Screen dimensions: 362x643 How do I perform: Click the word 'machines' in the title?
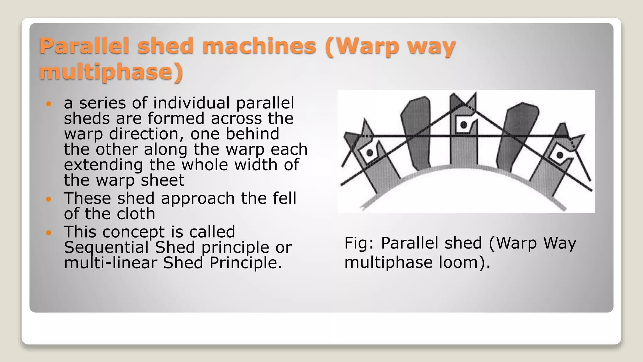point(259,46)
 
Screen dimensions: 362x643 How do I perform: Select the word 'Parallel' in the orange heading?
point(84,46)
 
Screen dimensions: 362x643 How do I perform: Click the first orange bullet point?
point(48,103)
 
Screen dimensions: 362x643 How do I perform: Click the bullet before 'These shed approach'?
point(48,199)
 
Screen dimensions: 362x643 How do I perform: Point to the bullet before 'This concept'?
point(48,233)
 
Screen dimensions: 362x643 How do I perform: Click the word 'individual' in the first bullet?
point(192,103)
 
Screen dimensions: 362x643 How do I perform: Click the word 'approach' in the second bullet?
point(198,198)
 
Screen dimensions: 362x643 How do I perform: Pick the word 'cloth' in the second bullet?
point(136,214)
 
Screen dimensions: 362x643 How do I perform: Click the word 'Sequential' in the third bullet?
point(106,247)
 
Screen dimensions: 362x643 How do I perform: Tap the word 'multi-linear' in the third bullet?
point(110,263)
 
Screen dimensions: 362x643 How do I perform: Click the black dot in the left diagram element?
point(370,153)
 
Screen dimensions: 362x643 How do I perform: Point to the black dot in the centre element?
point(464,125)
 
